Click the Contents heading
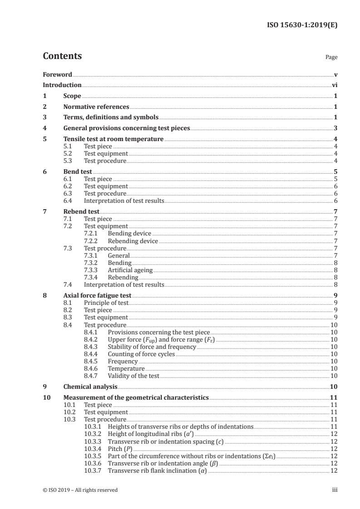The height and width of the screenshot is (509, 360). [x=62, y=56]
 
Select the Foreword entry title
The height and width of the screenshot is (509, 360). [x=57, y=74]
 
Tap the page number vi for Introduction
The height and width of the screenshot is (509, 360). [x=335, y=85]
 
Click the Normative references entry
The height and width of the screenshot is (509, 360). [x=96, y=107]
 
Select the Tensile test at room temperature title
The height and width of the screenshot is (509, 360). [x=113, y=139]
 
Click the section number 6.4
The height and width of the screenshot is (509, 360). [x=68, y=200]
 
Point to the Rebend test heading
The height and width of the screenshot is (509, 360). [x=81, y=211]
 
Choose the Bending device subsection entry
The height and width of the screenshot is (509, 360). [x=129, y=234]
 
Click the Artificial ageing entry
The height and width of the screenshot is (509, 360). [x=130, y=270]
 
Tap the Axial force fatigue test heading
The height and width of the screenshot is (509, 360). [x=98, y=295]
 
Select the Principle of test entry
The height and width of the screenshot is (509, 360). [x=106, y=303]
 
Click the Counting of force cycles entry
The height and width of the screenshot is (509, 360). [x=141, y=354]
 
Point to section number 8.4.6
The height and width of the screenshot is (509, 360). [x=92, y=369]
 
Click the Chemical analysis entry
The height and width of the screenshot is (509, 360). [x=90, y=387]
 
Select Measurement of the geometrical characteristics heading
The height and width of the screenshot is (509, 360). [x=136, y=397]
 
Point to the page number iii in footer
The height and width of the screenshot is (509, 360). [x=334, y=490]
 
